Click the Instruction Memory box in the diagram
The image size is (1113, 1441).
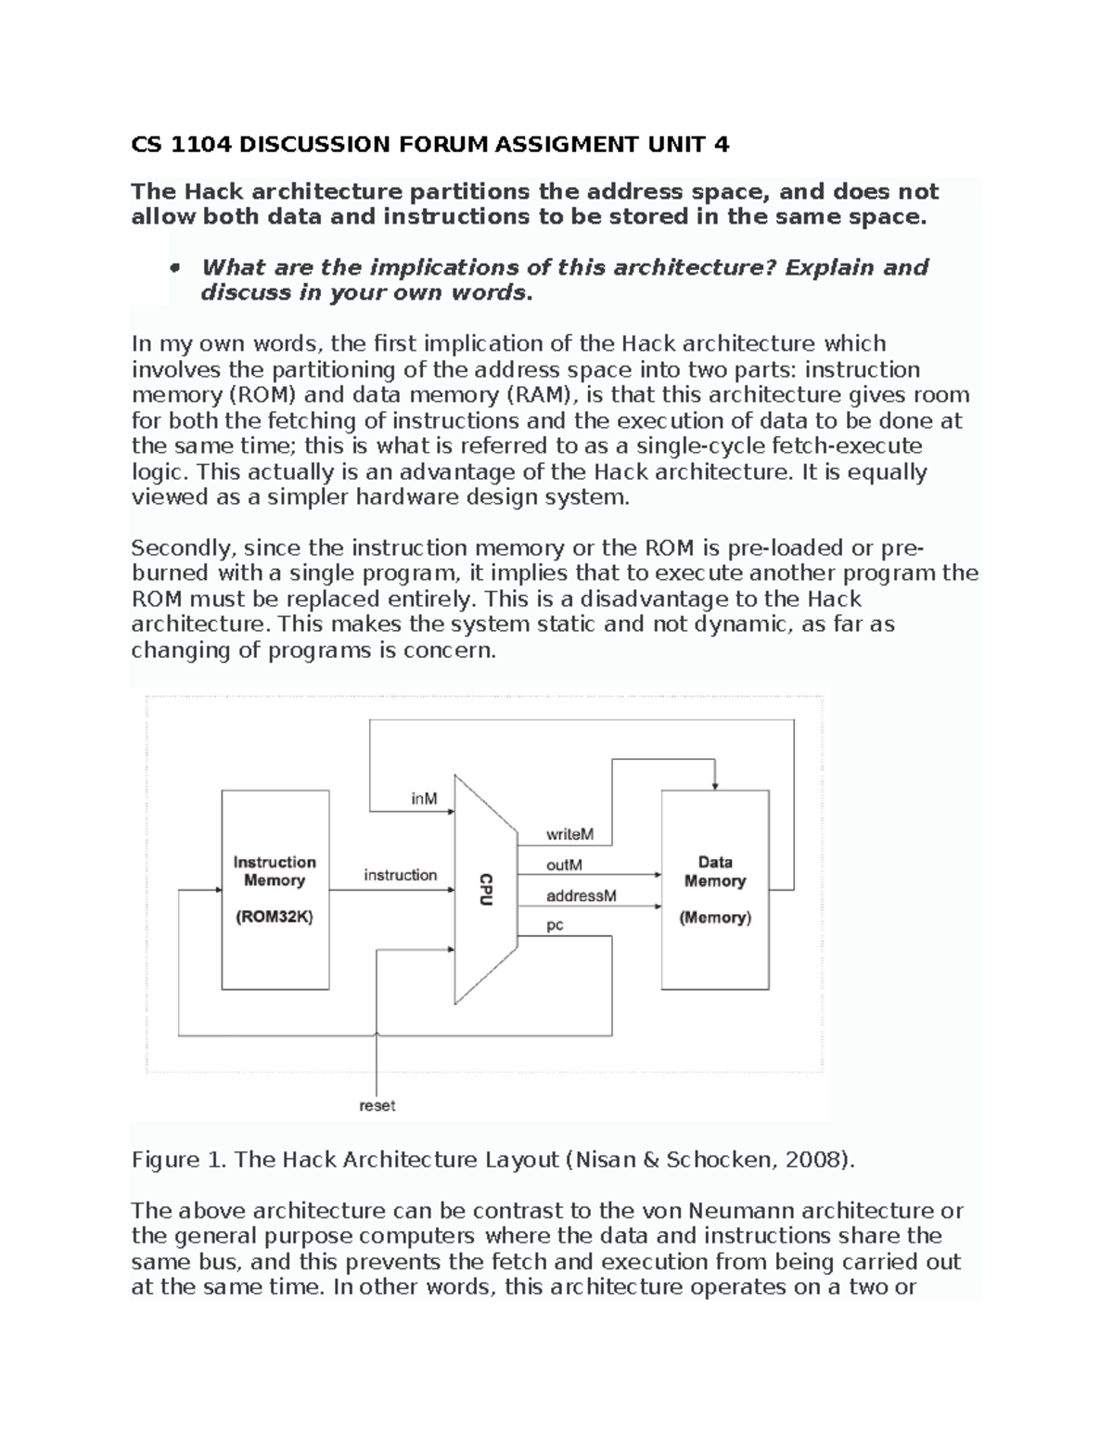(275, 889)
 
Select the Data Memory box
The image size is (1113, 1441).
(714, 889)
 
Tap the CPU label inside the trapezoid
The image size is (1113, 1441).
(485, 889)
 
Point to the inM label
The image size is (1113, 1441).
(424, 798)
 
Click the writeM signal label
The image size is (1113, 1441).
(569, 834)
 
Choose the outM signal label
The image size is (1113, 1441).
(564, 865)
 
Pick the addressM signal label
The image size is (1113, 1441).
(581, 896)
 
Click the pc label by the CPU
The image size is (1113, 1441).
(555, 925)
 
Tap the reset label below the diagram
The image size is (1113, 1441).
(377, 1105)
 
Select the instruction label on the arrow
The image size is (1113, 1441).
(400, 875)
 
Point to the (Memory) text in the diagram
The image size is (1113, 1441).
(714, 918)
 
